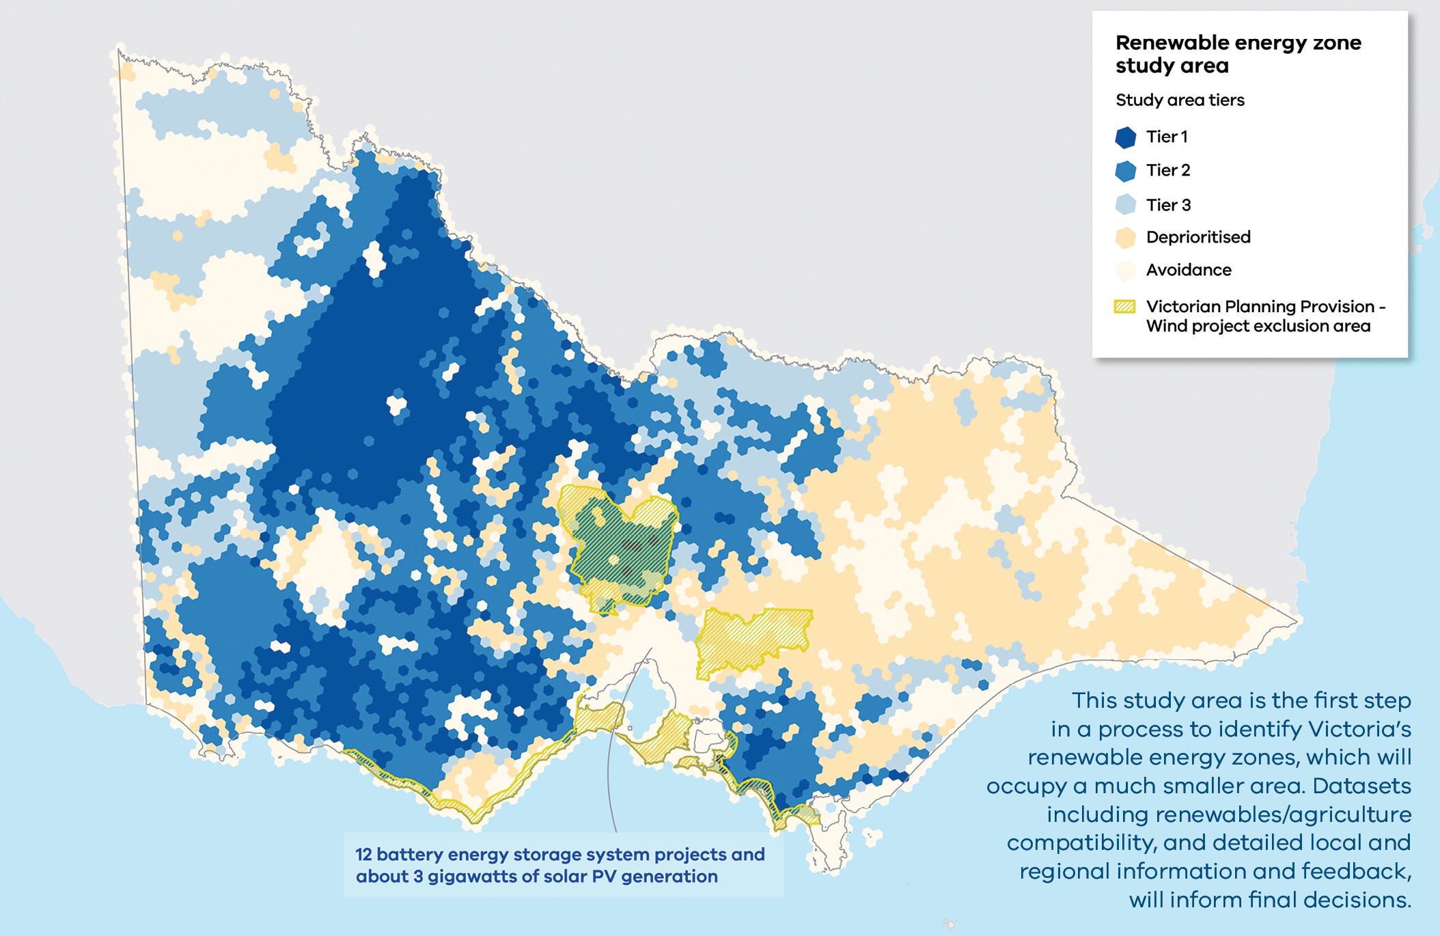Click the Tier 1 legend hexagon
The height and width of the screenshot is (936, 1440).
pos(1125,137)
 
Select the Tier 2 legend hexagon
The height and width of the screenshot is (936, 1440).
pos(1125,171)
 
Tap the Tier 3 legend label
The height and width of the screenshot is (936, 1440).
pos(1168,205)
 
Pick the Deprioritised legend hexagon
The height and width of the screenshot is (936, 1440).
pos(1125,238)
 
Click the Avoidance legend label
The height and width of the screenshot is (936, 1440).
pos(1189,270)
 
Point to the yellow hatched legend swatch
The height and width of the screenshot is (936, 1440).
pos(1124,307)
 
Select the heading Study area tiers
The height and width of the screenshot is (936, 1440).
pos(1180,100)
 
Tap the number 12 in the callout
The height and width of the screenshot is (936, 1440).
pos(363,855)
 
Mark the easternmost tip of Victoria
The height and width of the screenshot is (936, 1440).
pos(1295,622)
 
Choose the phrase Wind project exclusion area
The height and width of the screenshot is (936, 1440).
pos(1258,326)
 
